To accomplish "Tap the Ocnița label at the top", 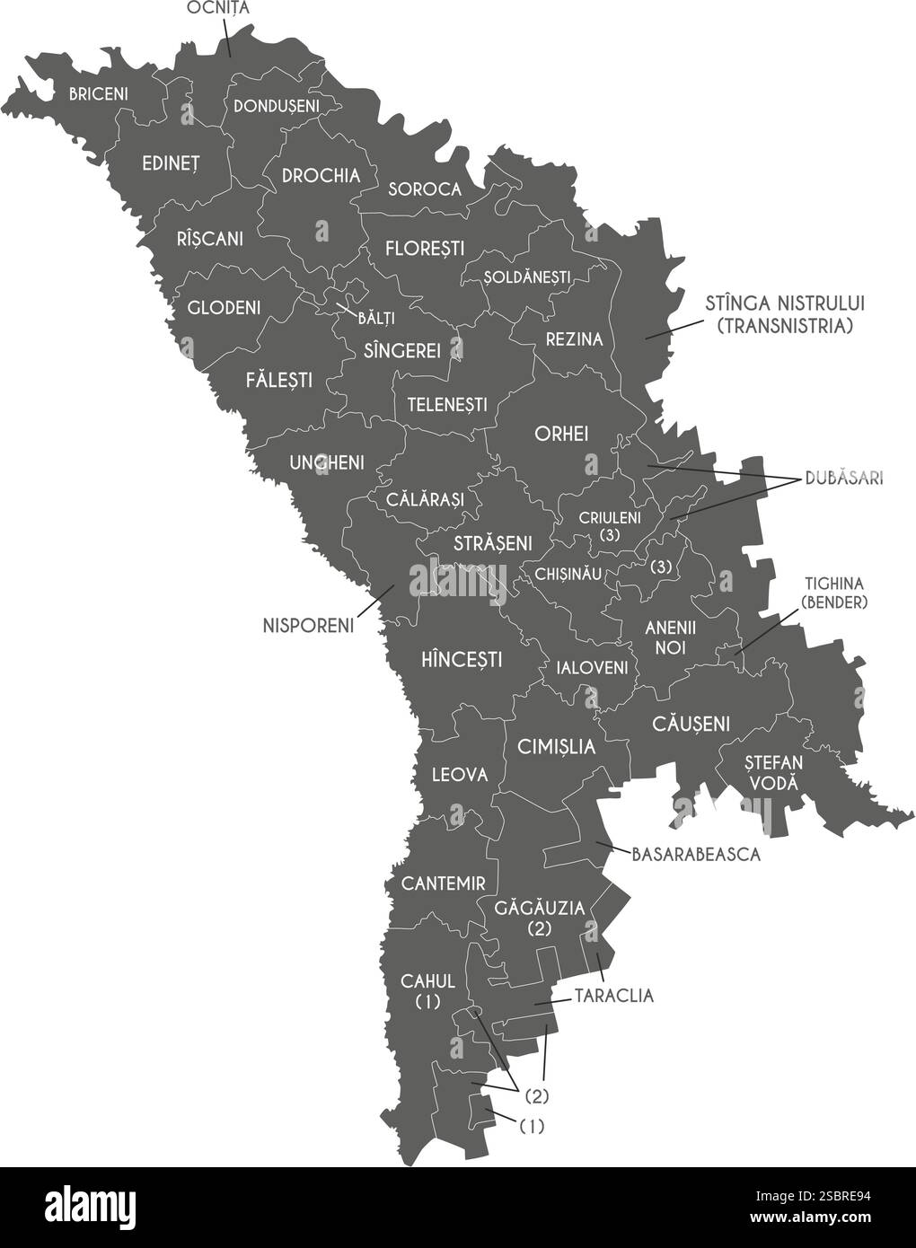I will click(217, 8).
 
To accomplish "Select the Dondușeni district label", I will click(276, 106).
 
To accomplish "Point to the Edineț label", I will click(171, 163).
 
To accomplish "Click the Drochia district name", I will click(321, 176).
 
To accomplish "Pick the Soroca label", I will click(425, 189).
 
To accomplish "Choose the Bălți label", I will click(376, 317).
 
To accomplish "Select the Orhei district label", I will click(560, 434).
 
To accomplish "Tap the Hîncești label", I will click(461, 660).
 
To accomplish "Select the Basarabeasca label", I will click(696, 854).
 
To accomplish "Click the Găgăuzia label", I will click(539, 908).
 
